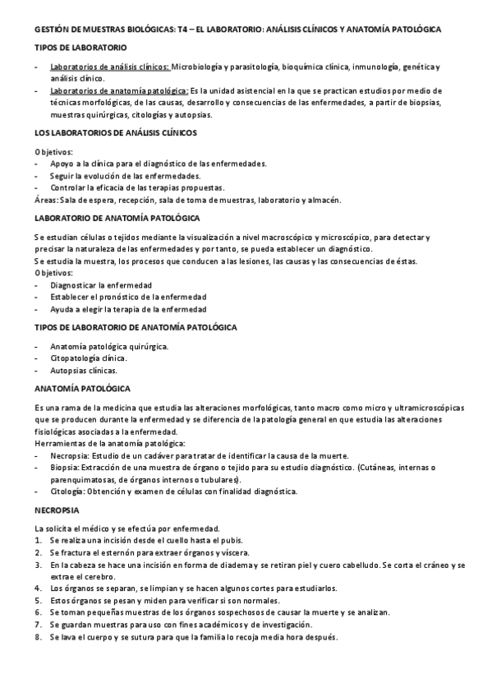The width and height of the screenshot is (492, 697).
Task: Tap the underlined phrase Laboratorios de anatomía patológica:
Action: click(x=118, y=90)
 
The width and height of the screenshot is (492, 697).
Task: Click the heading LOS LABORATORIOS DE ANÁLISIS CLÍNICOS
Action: click(x=115, y=132)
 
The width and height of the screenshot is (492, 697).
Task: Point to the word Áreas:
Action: click(x=47, y=200)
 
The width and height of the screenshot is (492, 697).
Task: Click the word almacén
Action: click(x=323, y=200)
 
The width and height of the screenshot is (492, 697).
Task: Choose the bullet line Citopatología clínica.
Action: click(x=88, y=358)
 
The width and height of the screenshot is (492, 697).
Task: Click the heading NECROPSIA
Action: click(x=56, y=510)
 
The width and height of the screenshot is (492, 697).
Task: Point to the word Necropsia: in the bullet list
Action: click(x=71, y=455)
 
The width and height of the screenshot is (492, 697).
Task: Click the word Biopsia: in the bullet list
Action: click(x=67, y=468)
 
